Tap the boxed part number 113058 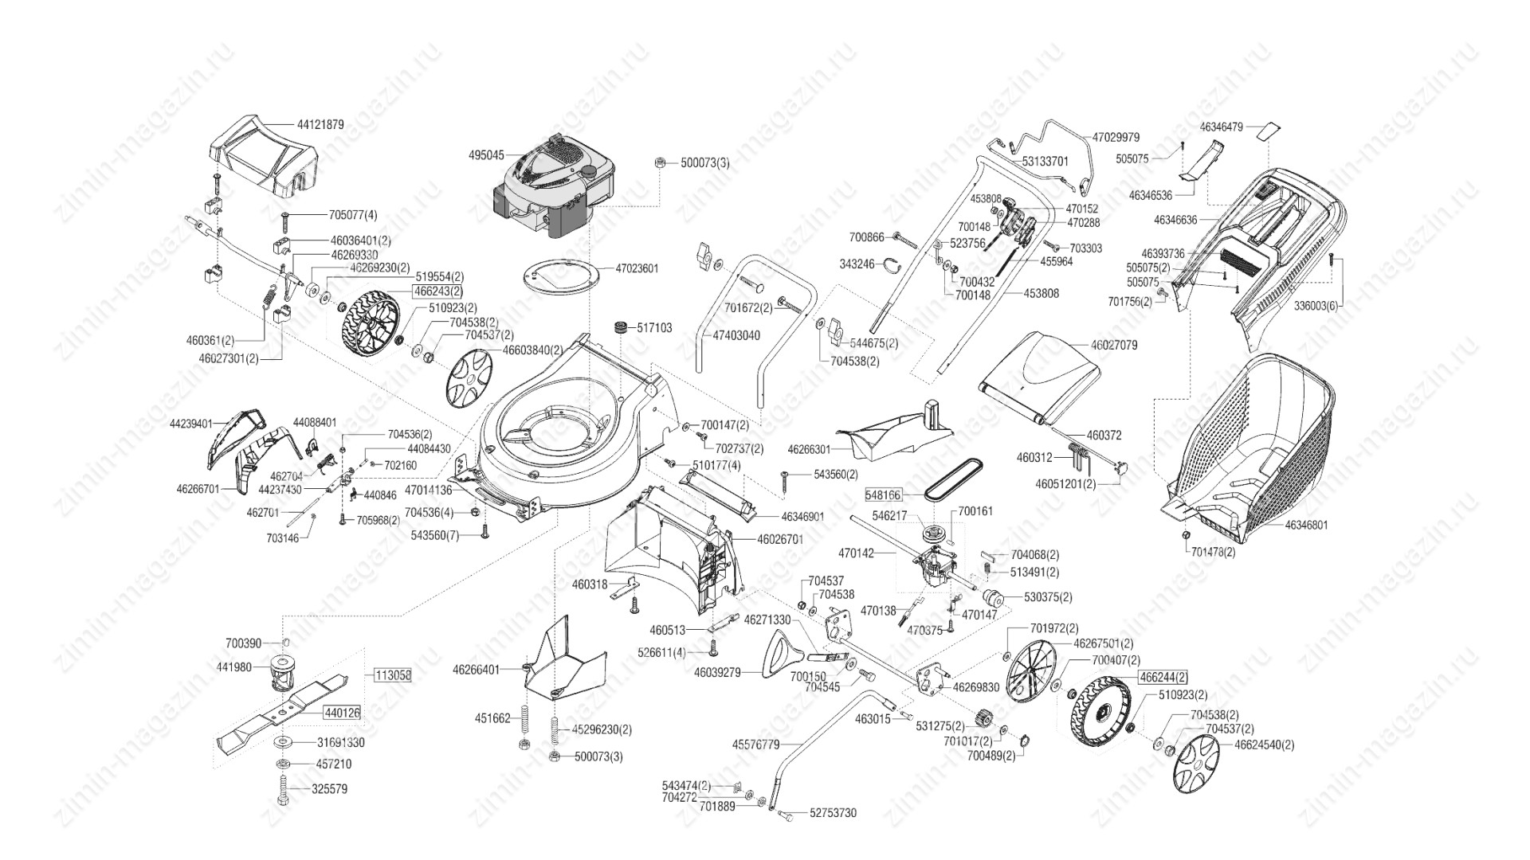pyautogui.click(x=392, y=675)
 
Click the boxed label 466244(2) pyautogui.click(x=1163, y=677)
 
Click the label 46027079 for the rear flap pyautogui.click(x=1113, y=346)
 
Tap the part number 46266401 pyautogui.click(x=476, y=670)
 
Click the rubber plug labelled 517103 pyautogui.click(x=620, y=328)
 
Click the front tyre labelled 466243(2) pyautogui.click(x=370, y=325)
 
